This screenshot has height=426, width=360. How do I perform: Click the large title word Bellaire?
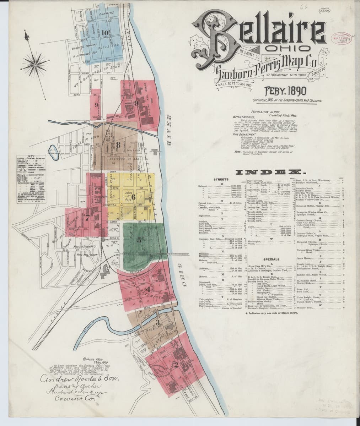[259, 35]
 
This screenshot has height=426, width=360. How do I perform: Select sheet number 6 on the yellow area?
[134, 196]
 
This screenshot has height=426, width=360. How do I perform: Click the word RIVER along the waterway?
[169, 129]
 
